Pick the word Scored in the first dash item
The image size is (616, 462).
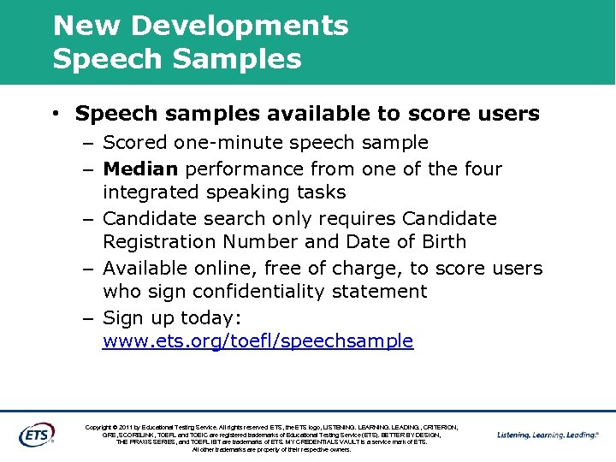(x=135, y=142)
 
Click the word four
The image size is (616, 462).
(x=480, y=169)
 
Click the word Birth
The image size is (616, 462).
(x=441, y=242)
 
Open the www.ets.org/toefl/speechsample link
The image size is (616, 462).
(x=258, y=341)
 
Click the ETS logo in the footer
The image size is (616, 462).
(x=37, y=433)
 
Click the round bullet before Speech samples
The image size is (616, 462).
(x=54, y=114)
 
